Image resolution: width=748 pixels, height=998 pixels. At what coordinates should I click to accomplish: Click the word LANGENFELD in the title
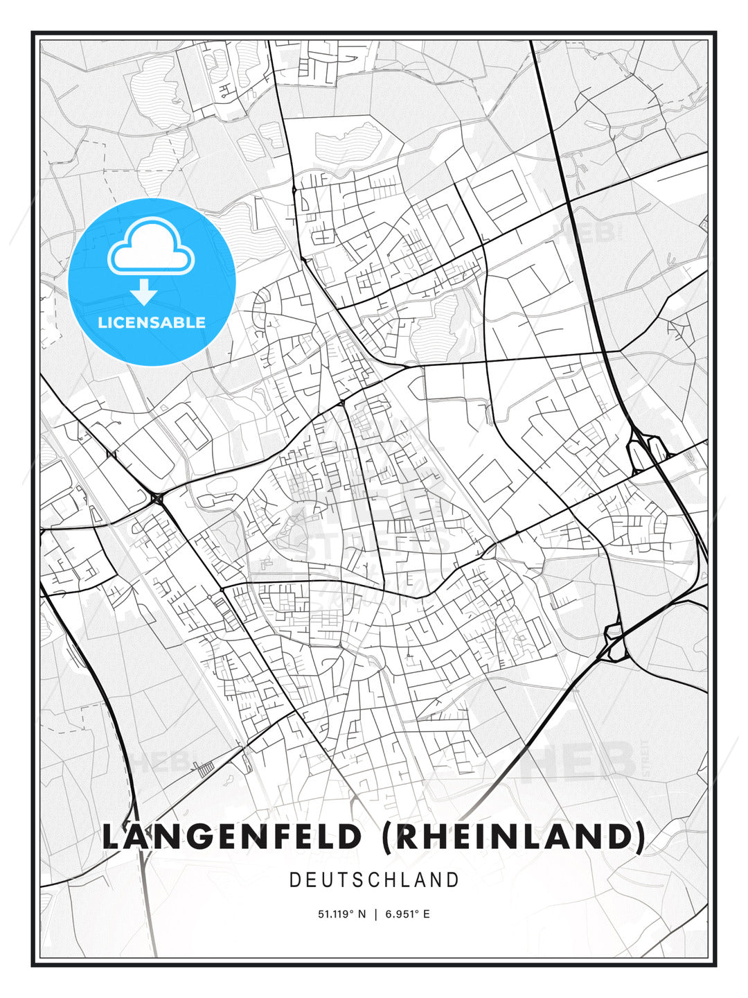[232, 837]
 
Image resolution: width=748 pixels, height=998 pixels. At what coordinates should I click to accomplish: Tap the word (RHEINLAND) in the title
[513, 837]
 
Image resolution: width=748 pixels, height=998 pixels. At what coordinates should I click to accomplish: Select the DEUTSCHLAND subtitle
[374, 880]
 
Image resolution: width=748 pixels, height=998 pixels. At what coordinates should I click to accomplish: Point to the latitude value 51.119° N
[341, 914]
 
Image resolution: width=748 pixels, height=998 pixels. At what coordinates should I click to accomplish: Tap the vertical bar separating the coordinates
[375, 914]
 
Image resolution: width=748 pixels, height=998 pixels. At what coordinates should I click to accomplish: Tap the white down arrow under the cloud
[144, 292]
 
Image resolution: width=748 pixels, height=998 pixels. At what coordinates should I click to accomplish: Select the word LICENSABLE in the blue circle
[152, 322]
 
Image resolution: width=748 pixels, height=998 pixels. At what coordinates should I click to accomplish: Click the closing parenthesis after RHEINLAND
[638, 837]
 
